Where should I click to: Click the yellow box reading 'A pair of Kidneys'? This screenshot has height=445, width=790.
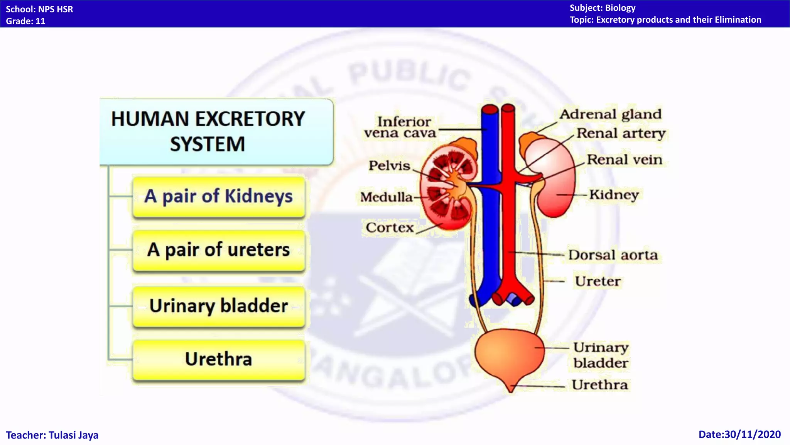tap(218, 196)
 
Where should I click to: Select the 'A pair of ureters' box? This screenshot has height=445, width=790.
tap(218, 250)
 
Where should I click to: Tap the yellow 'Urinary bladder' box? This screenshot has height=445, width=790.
tap(218, 306)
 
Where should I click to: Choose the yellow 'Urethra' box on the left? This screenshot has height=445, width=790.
tap(218, 359)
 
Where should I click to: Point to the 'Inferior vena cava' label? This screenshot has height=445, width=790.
tap(400, 127)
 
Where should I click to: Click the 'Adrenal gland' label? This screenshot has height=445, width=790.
tap(610, 114)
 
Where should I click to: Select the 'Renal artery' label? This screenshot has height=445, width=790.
tap(621, 133)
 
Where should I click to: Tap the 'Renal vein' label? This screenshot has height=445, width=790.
tap(624, 160)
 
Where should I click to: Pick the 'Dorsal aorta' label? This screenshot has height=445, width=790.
tap(613, 255)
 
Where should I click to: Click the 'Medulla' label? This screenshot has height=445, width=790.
tap(387, 197)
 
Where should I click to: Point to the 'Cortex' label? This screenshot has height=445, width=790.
tap(390, 228)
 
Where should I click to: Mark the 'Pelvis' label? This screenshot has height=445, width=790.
tap(389, 166)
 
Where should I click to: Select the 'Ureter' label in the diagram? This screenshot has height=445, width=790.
tap(598, 281)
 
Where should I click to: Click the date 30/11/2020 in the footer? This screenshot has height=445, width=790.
tap(739, 435)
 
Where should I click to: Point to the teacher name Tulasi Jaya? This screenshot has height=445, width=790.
tap(52, 435)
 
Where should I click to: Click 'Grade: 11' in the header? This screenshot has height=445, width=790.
tap(25, 21)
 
